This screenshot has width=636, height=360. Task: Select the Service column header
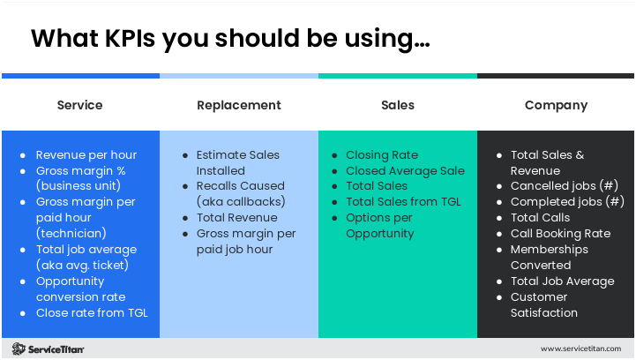(x=79, y=105)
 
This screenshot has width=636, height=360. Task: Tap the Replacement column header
(x=238, y=105)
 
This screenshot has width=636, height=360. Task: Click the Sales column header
(x=398, y=105)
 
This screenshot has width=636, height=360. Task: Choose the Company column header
(x=556, y=105)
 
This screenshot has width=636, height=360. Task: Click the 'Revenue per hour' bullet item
(x=86, y=154)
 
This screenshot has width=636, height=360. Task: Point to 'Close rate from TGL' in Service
(x=92, y=312)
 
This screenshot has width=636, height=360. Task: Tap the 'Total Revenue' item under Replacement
(x=236, y=217)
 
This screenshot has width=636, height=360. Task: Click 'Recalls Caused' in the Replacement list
(x=240, y=186)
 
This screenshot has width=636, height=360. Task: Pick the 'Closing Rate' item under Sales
(x=382, y=154)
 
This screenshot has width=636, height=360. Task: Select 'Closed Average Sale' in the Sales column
(x=405, y=170)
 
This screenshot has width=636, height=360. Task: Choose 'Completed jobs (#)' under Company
(x=567, y=202)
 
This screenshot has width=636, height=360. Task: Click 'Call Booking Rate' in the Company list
(x=560, y=234)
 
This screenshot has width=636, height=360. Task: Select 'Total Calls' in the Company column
(x=541, y=218)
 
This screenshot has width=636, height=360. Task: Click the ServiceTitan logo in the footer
(x=49, y=349)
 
